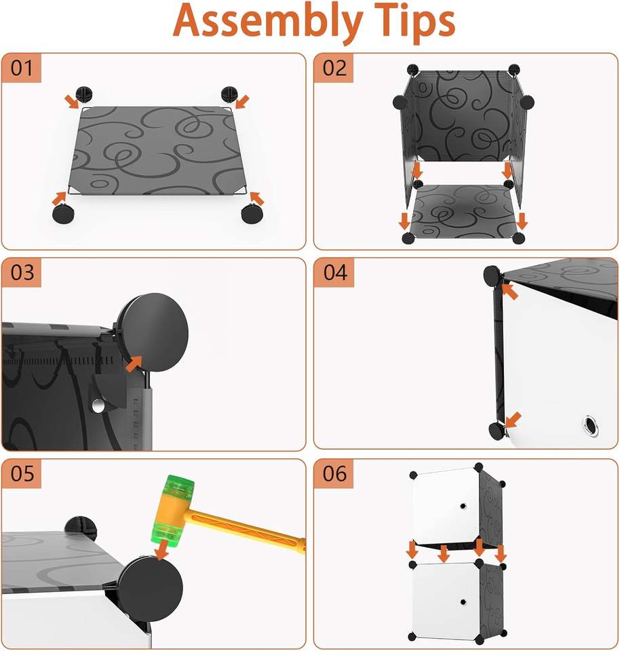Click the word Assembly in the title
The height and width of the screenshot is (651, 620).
click(268, 22)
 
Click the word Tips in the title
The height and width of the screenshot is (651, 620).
click(414, 22)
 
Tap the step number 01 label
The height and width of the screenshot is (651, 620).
click(22, 68)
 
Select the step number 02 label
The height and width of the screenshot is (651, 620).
click(334, 68)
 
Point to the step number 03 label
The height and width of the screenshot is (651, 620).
click(22, 273)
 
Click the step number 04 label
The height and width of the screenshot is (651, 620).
click(334, 273)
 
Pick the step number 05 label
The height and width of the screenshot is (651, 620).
click(22, 473)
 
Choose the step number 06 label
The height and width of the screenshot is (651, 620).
click(334, 473)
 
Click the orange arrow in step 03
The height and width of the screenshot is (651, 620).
click(134, 363)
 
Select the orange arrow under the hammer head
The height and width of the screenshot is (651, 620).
click(161, 549)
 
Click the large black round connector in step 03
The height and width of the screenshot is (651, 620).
click(153, 332)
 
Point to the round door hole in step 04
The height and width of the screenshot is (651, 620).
click(590, 425)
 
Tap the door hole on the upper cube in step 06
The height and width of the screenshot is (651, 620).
click(463, 506)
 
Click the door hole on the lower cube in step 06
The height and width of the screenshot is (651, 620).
click(463, 602)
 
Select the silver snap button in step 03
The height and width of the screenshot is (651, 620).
click(98, 406)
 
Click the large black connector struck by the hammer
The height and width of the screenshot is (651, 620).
click(151, 589)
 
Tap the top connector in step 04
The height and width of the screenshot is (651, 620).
click(492, 275)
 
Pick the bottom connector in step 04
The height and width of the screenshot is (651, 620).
click(497, 431)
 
